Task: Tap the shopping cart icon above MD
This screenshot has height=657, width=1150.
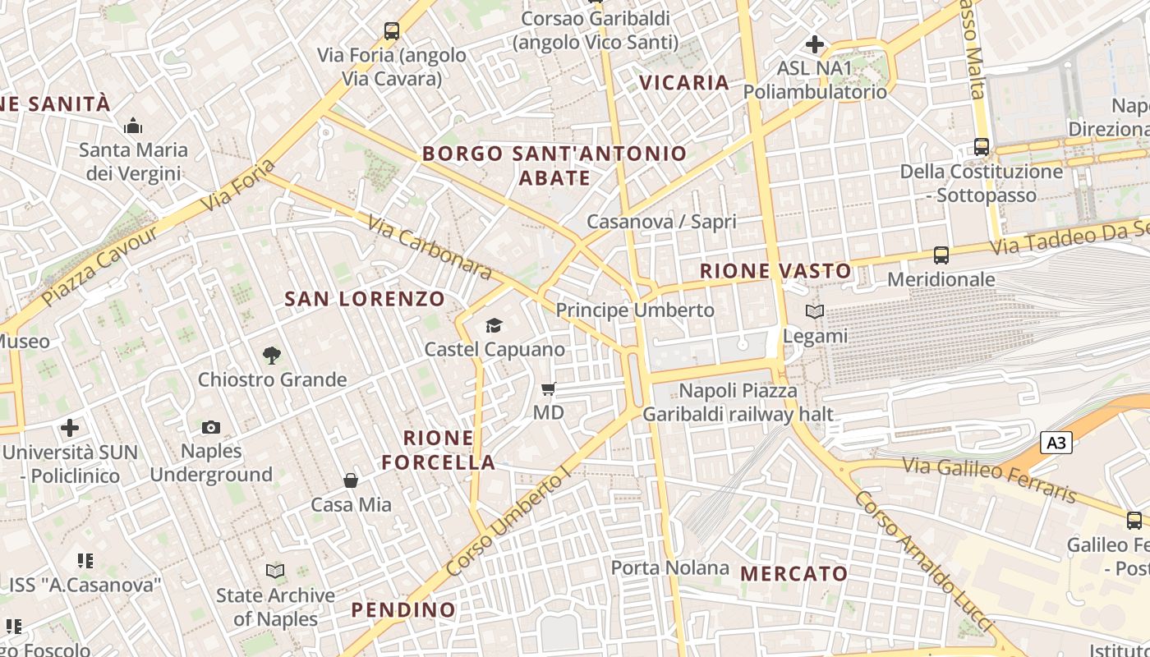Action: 549,388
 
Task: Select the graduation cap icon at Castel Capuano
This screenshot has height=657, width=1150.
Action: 494,326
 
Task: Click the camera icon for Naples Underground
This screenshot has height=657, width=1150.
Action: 211,427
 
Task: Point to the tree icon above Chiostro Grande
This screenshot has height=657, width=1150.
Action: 272,356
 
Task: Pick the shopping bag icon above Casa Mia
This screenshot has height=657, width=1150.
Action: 351,480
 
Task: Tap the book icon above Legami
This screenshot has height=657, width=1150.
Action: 815,312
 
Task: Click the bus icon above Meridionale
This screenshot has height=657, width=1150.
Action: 941,255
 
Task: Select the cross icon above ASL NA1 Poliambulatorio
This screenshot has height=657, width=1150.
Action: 815,44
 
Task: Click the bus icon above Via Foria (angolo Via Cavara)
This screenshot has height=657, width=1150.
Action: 392,31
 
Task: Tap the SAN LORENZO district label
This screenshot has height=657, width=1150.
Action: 365,299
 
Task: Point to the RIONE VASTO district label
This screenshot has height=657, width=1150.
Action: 775,271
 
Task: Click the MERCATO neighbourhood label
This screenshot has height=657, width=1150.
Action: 793,574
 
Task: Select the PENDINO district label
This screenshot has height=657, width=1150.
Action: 403,610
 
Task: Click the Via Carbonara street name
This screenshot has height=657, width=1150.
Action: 429,246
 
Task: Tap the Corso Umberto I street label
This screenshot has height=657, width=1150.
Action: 508,523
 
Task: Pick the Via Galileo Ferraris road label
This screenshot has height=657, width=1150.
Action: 989,479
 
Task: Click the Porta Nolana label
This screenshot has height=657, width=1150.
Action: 669,567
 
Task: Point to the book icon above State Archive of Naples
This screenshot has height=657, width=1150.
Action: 275,571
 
